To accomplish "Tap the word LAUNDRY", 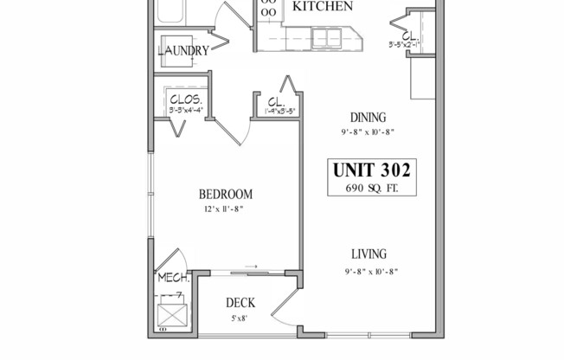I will pos(183,51).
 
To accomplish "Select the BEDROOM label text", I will pos(225,194).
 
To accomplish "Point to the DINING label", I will pos(368,119).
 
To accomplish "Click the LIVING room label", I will pos(368,254).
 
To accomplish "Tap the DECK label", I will pos(240,303).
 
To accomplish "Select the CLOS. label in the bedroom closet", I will pos(186,98).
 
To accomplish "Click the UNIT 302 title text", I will pos(371,170).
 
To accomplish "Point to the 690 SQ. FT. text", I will pos(371,188).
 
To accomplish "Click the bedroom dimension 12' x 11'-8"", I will pos(225,209).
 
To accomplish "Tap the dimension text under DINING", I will pos(368,132).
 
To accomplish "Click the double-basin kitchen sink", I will pos(326,36).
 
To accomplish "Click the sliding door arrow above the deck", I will pos(251,267).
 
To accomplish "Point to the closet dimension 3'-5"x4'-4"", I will pos(186,110).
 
